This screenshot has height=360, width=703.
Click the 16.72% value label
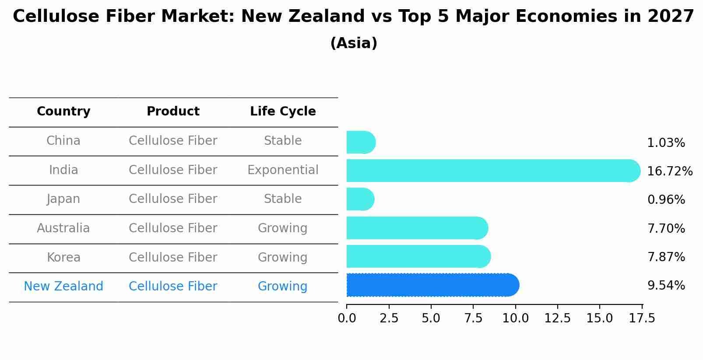click(669, 171)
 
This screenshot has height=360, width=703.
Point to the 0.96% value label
click(666, 200)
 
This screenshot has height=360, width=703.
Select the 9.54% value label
click(666, 286)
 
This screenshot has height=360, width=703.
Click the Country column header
click(63, 112)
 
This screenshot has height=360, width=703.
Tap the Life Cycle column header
click(283, 112)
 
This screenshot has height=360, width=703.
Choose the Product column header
click(173, 112)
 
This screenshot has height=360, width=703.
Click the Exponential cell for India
click(283, 170)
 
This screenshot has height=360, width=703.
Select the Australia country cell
click(63, 228)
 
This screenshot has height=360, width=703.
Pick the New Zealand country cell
click(63, 287)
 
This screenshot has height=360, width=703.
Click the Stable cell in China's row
click(283, 141)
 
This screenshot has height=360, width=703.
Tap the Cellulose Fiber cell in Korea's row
click(173, 258)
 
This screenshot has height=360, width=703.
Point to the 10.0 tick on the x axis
click(515, 318)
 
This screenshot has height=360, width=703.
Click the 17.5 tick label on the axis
click(643, 318)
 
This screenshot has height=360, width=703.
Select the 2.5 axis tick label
click(389, 318)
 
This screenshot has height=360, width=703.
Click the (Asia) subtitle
click(354, 43)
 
